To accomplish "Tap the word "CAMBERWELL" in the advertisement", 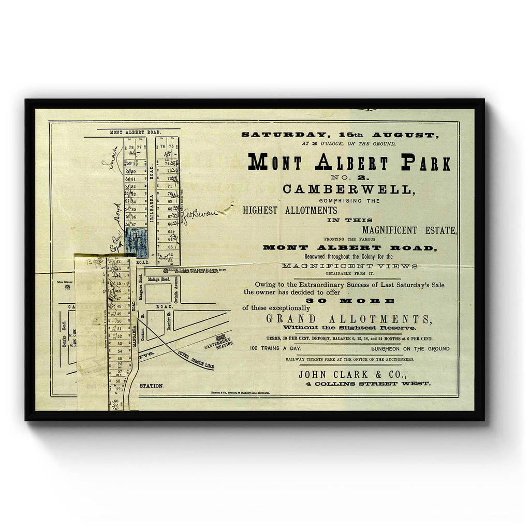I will point(349,189).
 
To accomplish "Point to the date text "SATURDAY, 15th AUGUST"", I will point(340,135).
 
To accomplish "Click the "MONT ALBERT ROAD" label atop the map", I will point(131,132).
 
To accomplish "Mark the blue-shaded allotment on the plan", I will point(136,242).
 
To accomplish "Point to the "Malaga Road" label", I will point(159,278).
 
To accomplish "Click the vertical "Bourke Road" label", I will point(64,336).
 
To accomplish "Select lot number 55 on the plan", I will point(119,358).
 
